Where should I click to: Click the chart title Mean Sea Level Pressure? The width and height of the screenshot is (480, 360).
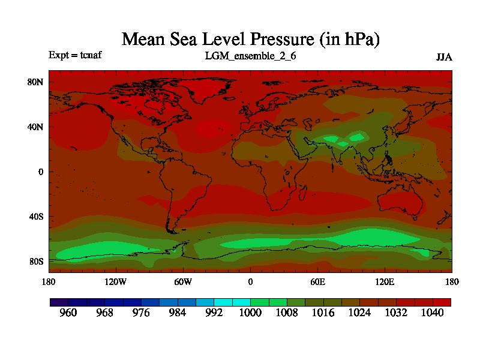click(x=251, y=40)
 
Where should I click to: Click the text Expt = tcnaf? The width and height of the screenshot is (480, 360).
click(x=75, y=55)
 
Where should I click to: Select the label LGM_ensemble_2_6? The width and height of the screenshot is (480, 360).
click(x=250, y=56)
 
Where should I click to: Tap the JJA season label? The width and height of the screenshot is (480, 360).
click(x=443, y=58)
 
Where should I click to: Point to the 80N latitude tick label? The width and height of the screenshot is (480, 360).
click(x=36, y=82)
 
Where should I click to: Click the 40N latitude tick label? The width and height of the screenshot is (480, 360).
click(x=36, y=127)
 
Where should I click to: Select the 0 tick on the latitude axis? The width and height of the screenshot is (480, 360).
click(x=41, y=172)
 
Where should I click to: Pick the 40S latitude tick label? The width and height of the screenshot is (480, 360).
click(x=36, y=217)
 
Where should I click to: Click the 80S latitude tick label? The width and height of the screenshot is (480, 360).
click(x=36, y=262)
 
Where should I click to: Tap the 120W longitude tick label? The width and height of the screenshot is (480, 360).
click(x=116, y=281)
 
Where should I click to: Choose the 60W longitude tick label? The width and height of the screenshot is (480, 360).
click(x=183, y=281)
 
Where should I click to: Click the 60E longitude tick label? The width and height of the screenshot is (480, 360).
click(x=317, y=281)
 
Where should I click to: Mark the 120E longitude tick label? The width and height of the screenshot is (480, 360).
click(x=385, y=281)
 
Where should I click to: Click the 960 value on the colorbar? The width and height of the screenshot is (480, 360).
click(x=69, y=313)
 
